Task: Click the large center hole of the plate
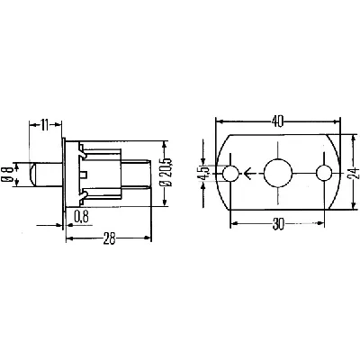pyautogui.click(x=278, y=174)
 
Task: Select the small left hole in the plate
pyautogui.click(x=233, y=174)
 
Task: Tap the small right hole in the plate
pyautogui.click(x=323, y=174)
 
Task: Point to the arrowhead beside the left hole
pyautogui.click(x=247, y=174)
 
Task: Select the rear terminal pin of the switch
pyautogui.click(x=137, y=174)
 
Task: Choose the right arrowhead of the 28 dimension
pyautogui.click(x=148, y=238)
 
